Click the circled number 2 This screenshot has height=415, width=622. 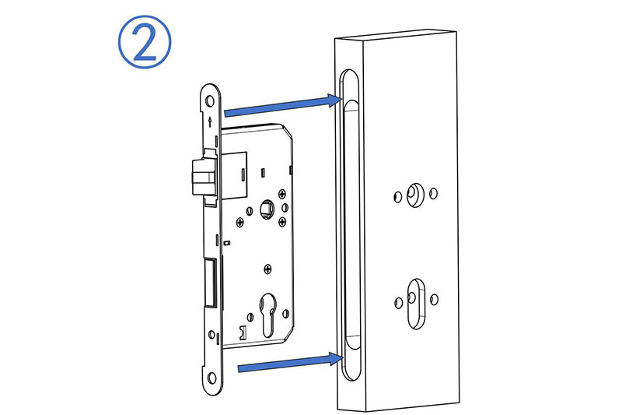145,42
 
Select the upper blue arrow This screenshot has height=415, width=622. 283,106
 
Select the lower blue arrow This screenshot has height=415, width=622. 290,363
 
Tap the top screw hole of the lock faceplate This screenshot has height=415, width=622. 210,101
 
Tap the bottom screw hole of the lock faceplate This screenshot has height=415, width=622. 212,378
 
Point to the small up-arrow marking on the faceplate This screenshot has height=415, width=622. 210,121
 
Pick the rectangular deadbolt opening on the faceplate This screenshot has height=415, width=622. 210,283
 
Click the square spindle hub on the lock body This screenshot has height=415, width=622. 267,209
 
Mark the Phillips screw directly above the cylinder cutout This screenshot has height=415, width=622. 268,269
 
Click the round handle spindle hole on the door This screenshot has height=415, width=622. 415,195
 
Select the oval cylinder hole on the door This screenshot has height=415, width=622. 416,304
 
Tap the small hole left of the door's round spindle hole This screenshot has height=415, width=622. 398,196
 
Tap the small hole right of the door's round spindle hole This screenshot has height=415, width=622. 434,193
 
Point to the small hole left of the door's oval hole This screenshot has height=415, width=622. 399,304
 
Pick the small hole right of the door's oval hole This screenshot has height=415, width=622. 435,300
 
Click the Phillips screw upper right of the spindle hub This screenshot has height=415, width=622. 282,194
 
